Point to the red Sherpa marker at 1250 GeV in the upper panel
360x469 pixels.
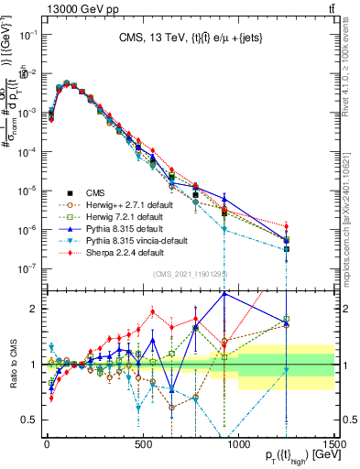287,226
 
